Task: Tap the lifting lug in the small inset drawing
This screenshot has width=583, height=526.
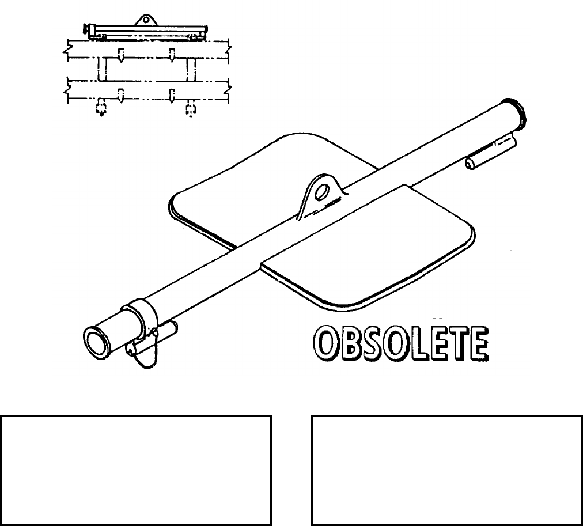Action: click(x=144, y=20)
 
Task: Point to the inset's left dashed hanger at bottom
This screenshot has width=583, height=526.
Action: click(x=101, y=108)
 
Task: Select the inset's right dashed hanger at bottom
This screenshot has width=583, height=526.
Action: click(x=191, y=108)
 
